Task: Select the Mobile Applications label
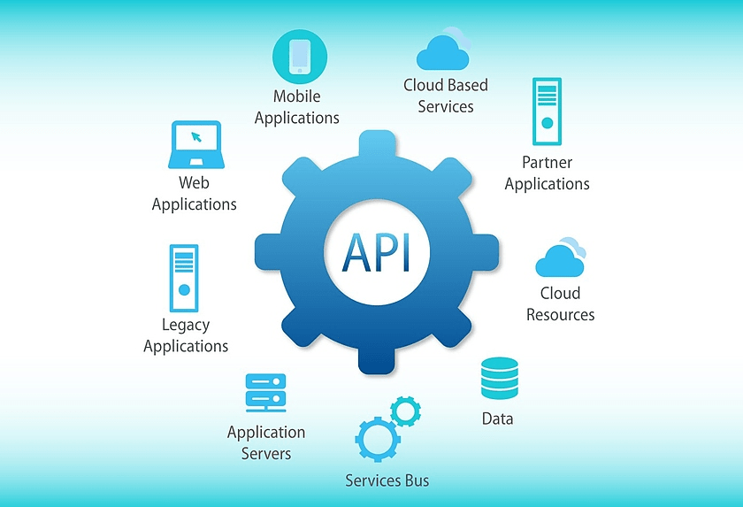click(297, 107)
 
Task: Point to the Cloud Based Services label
click(446, 96)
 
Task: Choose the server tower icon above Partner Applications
click(547, 111)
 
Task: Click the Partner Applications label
click(547, 173)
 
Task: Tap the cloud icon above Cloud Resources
click(561, 257)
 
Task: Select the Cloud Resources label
click(561, 303)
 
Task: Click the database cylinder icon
click(499, 379)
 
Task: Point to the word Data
click(497, 419)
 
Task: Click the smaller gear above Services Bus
click(406, 411)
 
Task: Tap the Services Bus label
click(387, 480)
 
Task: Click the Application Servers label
click(266, 442)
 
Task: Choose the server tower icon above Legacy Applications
click(184, 276)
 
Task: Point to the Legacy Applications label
click(186, 335)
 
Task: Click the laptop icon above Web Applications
click(195, 144)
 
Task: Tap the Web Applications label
click(195, 194)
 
